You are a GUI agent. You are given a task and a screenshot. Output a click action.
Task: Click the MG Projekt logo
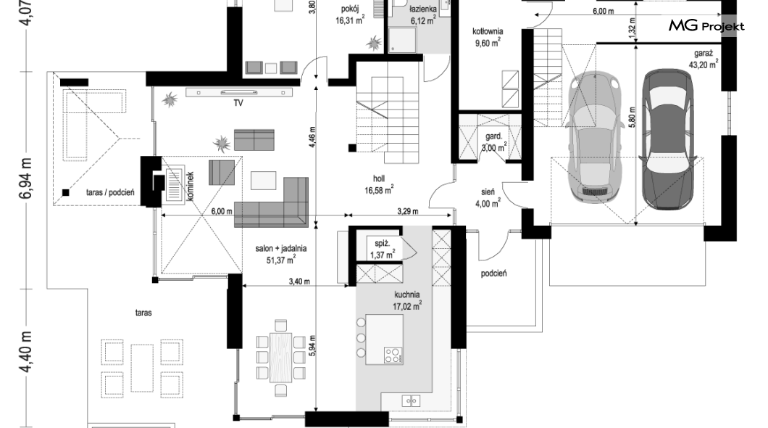pos(706,26)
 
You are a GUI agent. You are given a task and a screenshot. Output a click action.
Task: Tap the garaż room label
pos(704,54)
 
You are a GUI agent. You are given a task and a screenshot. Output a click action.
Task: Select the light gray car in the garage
pos(594,137)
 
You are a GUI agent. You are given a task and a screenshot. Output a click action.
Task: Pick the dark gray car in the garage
pos(667,139)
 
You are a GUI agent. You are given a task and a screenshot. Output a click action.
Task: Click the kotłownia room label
pos(488,31)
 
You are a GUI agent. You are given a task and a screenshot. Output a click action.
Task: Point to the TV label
pos(238,103)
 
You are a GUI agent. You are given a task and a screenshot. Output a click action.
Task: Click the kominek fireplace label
pos(190,186)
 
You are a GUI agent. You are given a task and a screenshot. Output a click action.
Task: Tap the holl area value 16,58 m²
pos(379,190)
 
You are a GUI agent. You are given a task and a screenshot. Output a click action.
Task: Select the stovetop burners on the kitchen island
pos(392,355)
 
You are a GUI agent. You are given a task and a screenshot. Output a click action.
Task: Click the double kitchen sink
pos(411,401)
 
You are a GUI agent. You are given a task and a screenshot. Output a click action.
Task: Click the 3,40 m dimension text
pos(299,281)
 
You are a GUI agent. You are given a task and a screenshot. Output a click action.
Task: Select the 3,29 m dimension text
pos(407,211)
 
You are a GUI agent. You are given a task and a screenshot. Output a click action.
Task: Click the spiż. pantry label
pos(382,243)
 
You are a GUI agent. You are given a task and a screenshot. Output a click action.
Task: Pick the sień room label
pos(488,192)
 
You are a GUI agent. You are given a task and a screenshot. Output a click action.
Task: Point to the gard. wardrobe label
pos(493,136)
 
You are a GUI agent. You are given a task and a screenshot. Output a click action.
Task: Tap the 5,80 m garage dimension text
pos(632,118)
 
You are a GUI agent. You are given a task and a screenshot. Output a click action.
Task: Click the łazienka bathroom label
pos(423,9)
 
